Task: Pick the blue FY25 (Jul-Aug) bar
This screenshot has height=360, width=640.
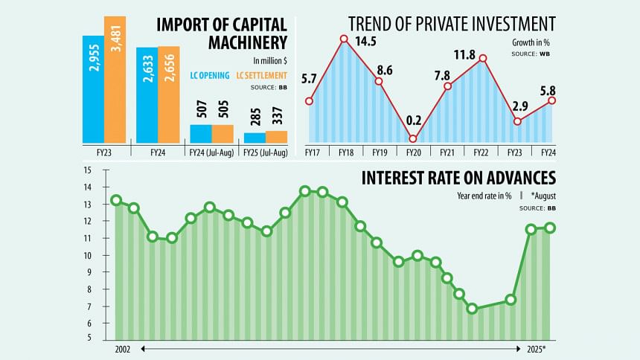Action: (255, 138)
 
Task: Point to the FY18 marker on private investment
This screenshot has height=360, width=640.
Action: (344, 39)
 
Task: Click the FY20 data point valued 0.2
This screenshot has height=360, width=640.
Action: (413, 138)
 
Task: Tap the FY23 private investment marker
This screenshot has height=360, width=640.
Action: (518, 120)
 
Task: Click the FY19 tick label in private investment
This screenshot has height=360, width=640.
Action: (379, 152)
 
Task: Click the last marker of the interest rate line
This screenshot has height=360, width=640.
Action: (550, 228)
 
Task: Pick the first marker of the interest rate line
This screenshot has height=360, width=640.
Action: (115, 200)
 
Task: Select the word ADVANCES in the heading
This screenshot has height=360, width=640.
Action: (514, 179)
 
